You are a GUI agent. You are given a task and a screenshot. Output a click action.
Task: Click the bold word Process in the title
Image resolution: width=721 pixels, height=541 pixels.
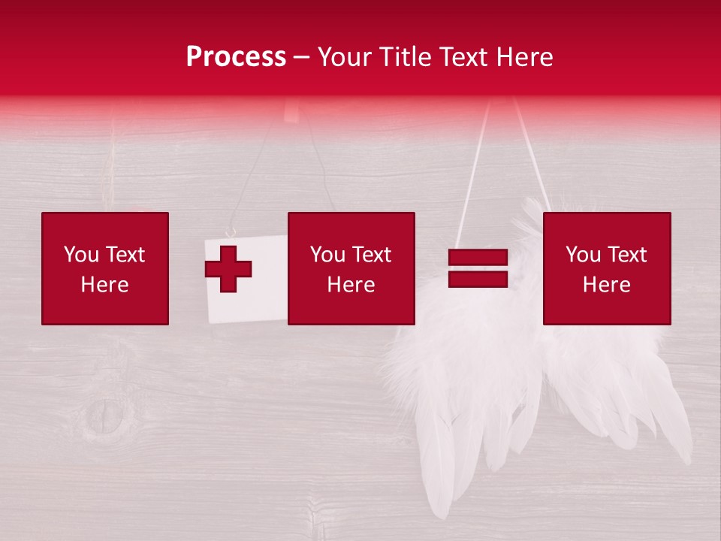click(236, 57)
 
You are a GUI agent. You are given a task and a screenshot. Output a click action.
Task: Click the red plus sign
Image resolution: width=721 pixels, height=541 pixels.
click(228, 268)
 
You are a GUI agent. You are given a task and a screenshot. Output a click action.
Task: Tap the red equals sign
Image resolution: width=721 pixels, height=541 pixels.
click(478, 268)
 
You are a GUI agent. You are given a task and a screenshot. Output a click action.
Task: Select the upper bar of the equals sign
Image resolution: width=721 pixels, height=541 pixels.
click(478, 258)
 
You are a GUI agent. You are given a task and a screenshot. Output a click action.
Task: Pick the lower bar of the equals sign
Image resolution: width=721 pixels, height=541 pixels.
click(478, 280)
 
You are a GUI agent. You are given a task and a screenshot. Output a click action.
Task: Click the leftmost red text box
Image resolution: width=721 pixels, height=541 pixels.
click(105, 268)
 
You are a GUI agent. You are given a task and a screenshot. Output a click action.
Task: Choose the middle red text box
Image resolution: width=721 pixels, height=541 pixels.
click(351, 268)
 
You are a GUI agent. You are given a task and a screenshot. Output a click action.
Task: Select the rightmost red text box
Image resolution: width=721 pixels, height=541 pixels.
click(607, 268)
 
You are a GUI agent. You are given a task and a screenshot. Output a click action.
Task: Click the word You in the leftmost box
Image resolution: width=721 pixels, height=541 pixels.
click(81, 255)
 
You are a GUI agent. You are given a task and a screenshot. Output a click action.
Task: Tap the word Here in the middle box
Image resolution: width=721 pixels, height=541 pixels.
click(351, 285)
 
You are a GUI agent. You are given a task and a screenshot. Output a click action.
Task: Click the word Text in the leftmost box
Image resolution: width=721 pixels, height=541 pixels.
click(125, 255)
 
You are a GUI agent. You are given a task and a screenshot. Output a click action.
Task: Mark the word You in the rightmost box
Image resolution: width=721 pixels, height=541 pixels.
click(583, 255)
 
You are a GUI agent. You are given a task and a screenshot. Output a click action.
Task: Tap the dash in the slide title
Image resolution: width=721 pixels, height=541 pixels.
click(301, 58)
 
